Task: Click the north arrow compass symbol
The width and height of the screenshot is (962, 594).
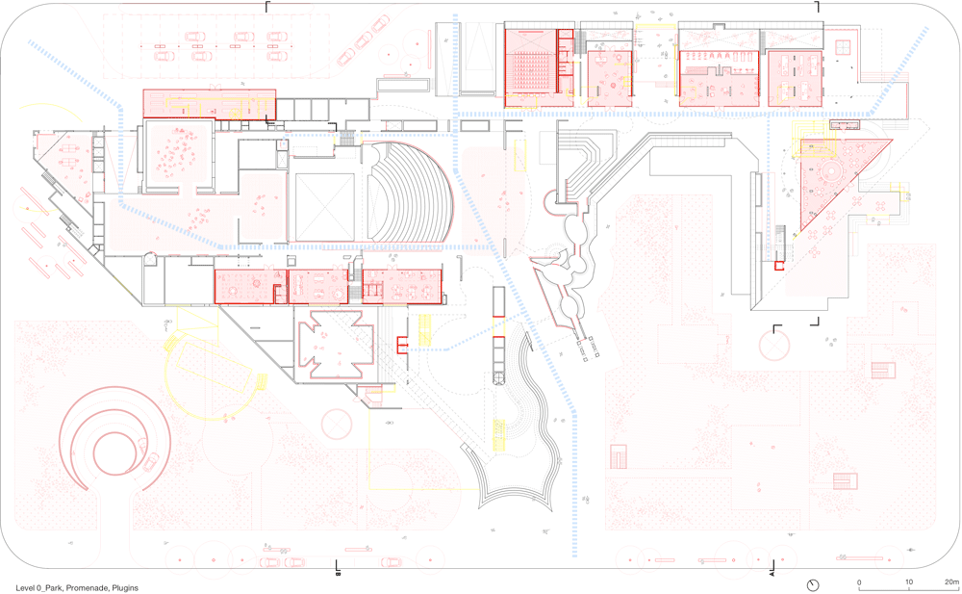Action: point(814,584)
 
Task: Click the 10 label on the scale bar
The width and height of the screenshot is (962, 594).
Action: point(908,581)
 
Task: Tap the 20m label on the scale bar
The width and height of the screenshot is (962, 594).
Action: point(950,581)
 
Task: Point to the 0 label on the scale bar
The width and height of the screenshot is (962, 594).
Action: point(859,581)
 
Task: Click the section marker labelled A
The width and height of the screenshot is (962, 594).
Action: point(772,574)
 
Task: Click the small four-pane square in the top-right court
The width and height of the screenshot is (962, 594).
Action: point(846,47)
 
